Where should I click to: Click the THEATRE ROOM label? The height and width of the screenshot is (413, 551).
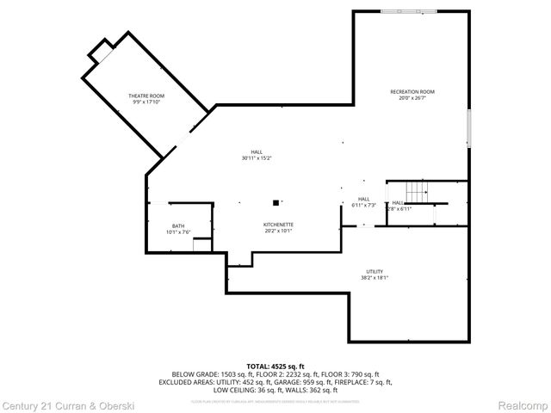click(146, 96)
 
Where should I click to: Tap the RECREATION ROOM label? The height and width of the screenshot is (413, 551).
click(412, 92)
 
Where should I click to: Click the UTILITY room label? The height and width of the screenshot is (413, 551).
click(375, 271)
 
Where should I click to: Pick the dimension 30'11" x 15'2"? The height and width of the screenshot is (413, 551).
click(257, 158)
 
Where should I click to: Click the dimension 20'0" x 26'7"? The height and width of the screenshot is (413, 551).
click(412, 98)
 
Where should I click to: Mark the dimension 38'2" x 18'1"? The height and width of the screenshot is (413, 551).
click(375, 278)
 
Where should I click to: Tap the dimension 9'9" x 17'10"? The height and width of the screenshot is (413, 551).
click(146, 102)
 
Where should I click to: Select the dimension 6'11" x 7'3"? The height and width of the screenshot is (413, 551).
click(363, 205)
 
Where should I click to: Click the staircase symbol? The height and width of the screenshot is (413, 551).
click(417, 190)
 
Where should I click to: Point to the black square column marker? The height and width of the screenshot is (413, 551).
click(275, 203)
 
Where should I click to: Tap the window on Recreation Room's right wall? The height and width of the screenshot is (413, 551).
click(469, 127)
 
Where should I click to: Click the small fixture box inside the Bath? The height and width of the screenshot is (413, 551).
click(201, 246)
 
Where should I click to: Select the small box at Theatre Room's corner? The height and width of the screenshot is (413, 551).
click(102, 53)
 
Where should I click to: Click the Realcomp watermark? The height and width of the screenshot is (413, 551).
click(523, 404)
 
